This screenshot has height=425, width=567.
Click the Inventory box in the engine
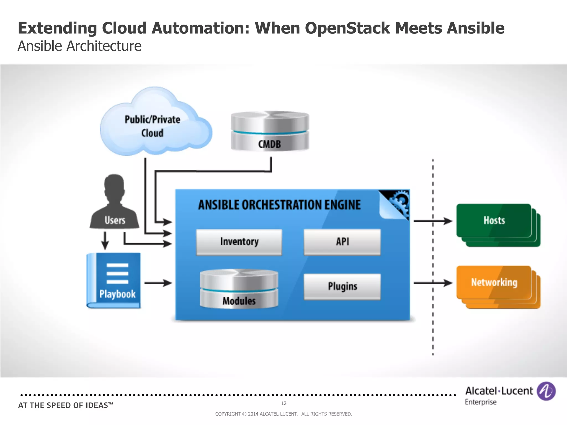[239, 242]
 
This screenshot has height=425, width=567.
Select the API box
[342, 242]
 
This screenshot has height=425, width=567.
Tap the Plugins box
[342, 286]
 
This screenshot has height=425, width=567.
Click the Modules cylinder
[239, 289]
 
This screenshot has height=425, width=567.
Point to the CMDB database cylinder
[270, 131]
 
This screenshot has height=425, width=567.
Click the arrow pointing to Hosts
[433, 221]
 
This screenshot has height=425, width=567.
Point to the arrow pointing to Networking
[433, 283]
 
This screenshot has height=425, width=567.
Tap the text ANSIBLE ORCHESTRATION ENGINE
[279, 205]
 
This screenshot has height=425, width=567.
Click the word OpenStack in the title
[347, 28]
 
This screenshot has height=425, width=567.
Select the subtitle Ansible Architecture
[79, 46]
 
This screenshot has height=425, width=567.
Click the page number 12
[283, 403]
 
